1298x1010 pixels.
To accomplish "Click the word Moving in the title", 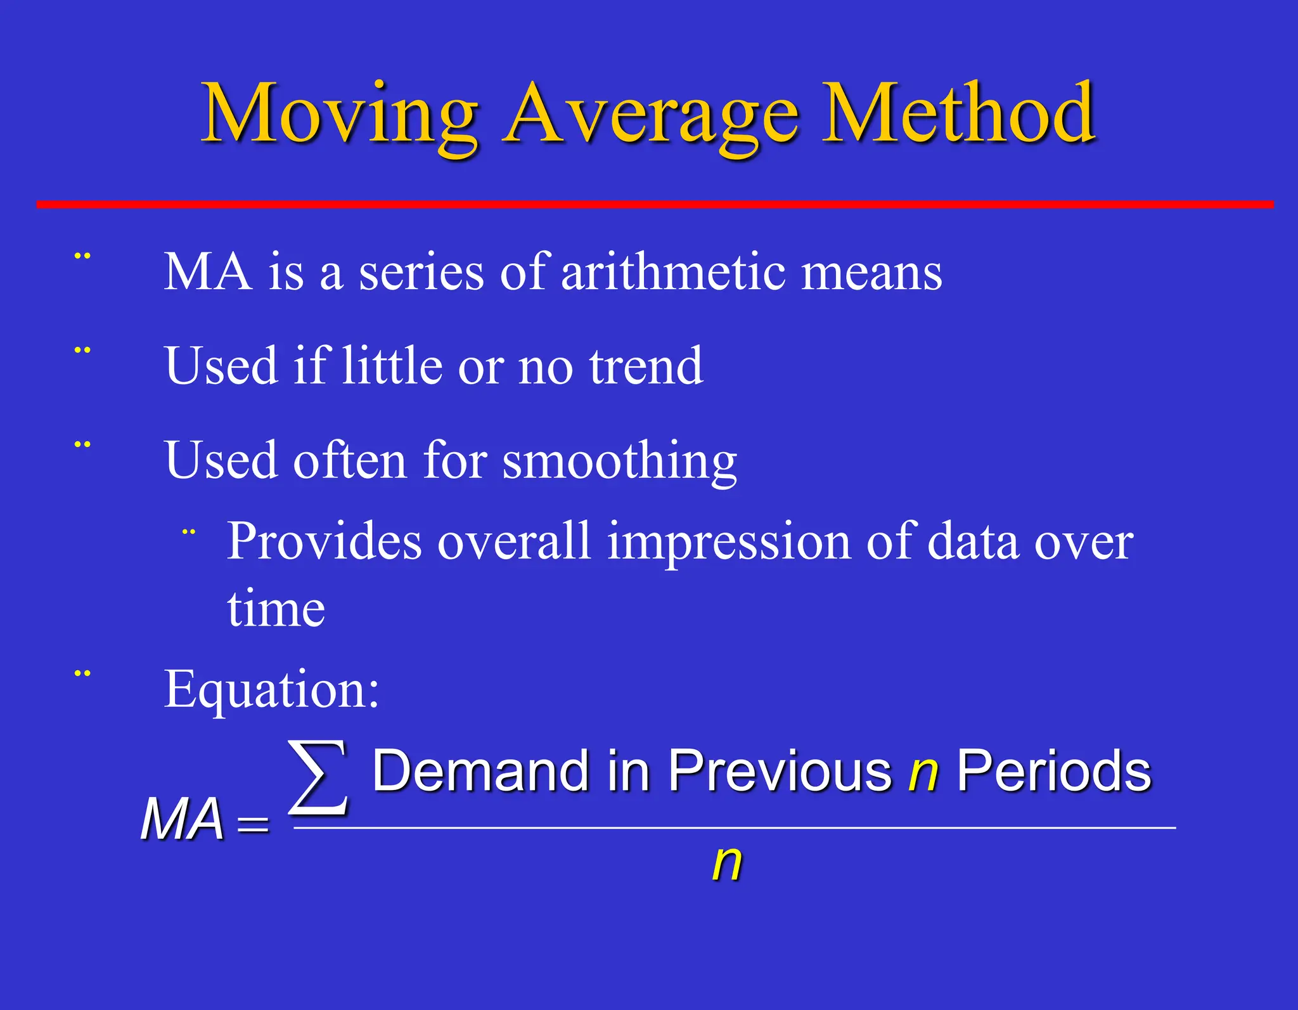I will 339,114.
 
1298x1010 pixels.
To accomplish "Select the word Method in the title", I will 958,114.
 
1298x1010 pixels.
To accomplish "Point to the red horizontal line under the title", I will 655,204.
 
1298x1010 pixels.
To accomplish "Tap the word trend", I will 646,366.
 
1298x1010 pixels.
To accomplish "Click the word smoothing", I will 619,462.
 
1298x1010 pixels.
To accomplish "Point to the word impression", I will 728,543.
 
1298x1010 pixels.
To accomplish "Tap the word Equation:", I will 272,690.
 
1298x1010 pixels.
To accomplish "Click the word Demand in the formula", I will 480,772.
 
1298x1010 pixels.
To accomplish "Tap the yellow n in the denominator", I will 726,864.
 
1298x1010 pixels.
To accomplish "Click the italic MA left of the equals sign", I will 182,820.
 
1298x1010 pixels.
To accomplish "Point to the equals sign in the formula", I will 253,825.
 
